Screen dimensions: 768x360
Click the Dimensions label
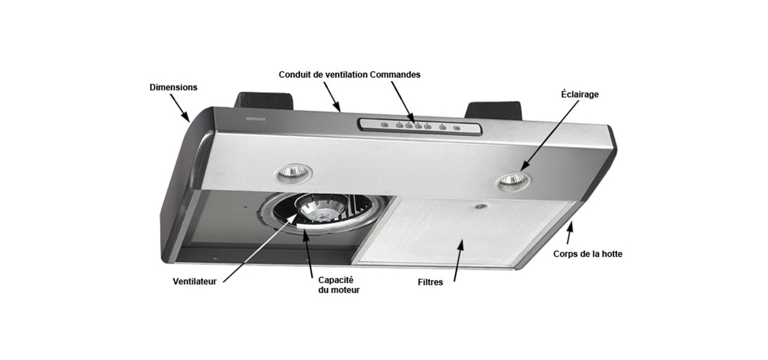pos(173,88)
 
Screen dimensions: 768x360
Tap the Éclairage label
pos(580,94)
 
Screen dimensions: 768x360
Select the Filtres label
pos(430,282)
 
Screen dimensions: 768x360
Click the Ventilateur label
pos(194,281)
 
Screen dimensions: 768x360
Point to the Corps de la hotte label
pos(587,254)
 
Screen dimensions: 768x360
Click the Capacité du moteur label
pos(339,285)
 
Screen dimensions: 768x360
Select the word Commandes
pos(395,74)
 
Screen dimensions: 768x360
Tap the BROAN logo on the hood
pos(256,119)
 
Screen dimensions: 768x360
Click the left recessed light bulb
pos(293,172)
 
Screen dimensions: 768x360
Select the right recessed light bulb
pos(513,180)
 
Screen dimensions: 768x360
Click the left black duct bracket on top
pos(263,100)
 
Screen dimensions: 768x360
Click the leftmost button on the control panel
pos(385,125)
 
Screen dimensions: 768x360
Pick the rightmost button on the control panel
pos(457,128)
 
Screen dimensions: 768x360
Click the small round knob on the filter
pos(482,206)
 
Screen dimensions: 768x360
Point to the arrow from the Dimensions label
pos(179,107)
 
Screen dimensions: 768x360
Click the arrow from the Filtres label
pos(459,260)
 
